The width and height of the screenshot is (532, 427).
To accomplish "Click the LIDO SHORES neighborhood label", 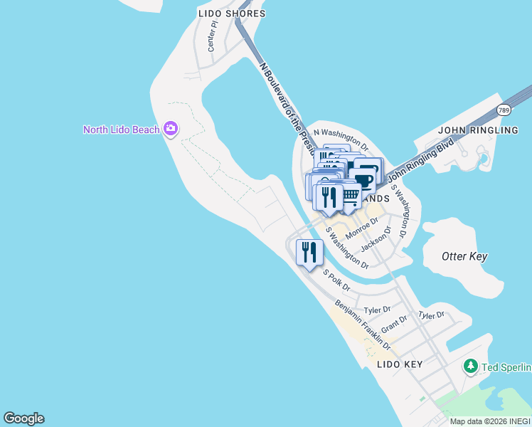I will point(231,14).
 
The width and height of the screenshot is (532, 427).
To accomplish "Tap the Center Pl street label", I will point(211,41).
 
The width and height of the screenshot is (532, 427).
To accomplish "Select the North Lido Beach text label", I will point(121,130).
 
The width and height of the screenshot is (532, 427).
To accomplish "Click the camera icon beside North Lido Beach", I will point(170,129).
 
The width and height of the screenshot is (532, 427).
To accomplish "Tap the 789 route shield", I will point(504,110).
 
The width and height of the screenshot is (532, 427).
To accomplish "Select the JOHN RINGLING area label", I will point(478,130).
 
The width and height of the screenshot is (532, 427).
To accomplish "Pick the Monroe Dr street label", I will point(360,228).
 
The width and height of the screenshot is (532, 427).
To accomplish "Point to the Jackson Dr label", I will point(376,239).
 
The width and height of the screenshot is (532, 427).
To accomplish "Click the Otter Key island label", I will point(464,256).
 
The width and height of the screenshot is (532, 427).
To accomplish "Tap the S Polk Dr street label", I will point(337,279).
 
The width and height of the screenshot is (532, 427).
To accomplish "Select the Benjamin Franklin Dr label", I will point(363,325).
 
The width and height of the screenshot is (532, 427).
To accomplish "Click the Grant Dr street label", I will point(394,325).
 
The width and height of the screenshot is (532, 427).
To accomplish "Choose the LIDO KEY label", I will point(399,364).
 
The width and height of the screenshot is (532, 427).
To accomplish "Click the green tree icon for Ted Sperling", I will point(470,367).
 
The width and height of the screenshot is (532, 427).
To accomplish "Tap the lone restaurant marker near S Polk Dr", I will point(309,252).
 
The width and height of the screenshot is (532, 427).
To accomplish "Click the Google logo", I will point(23,418).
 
